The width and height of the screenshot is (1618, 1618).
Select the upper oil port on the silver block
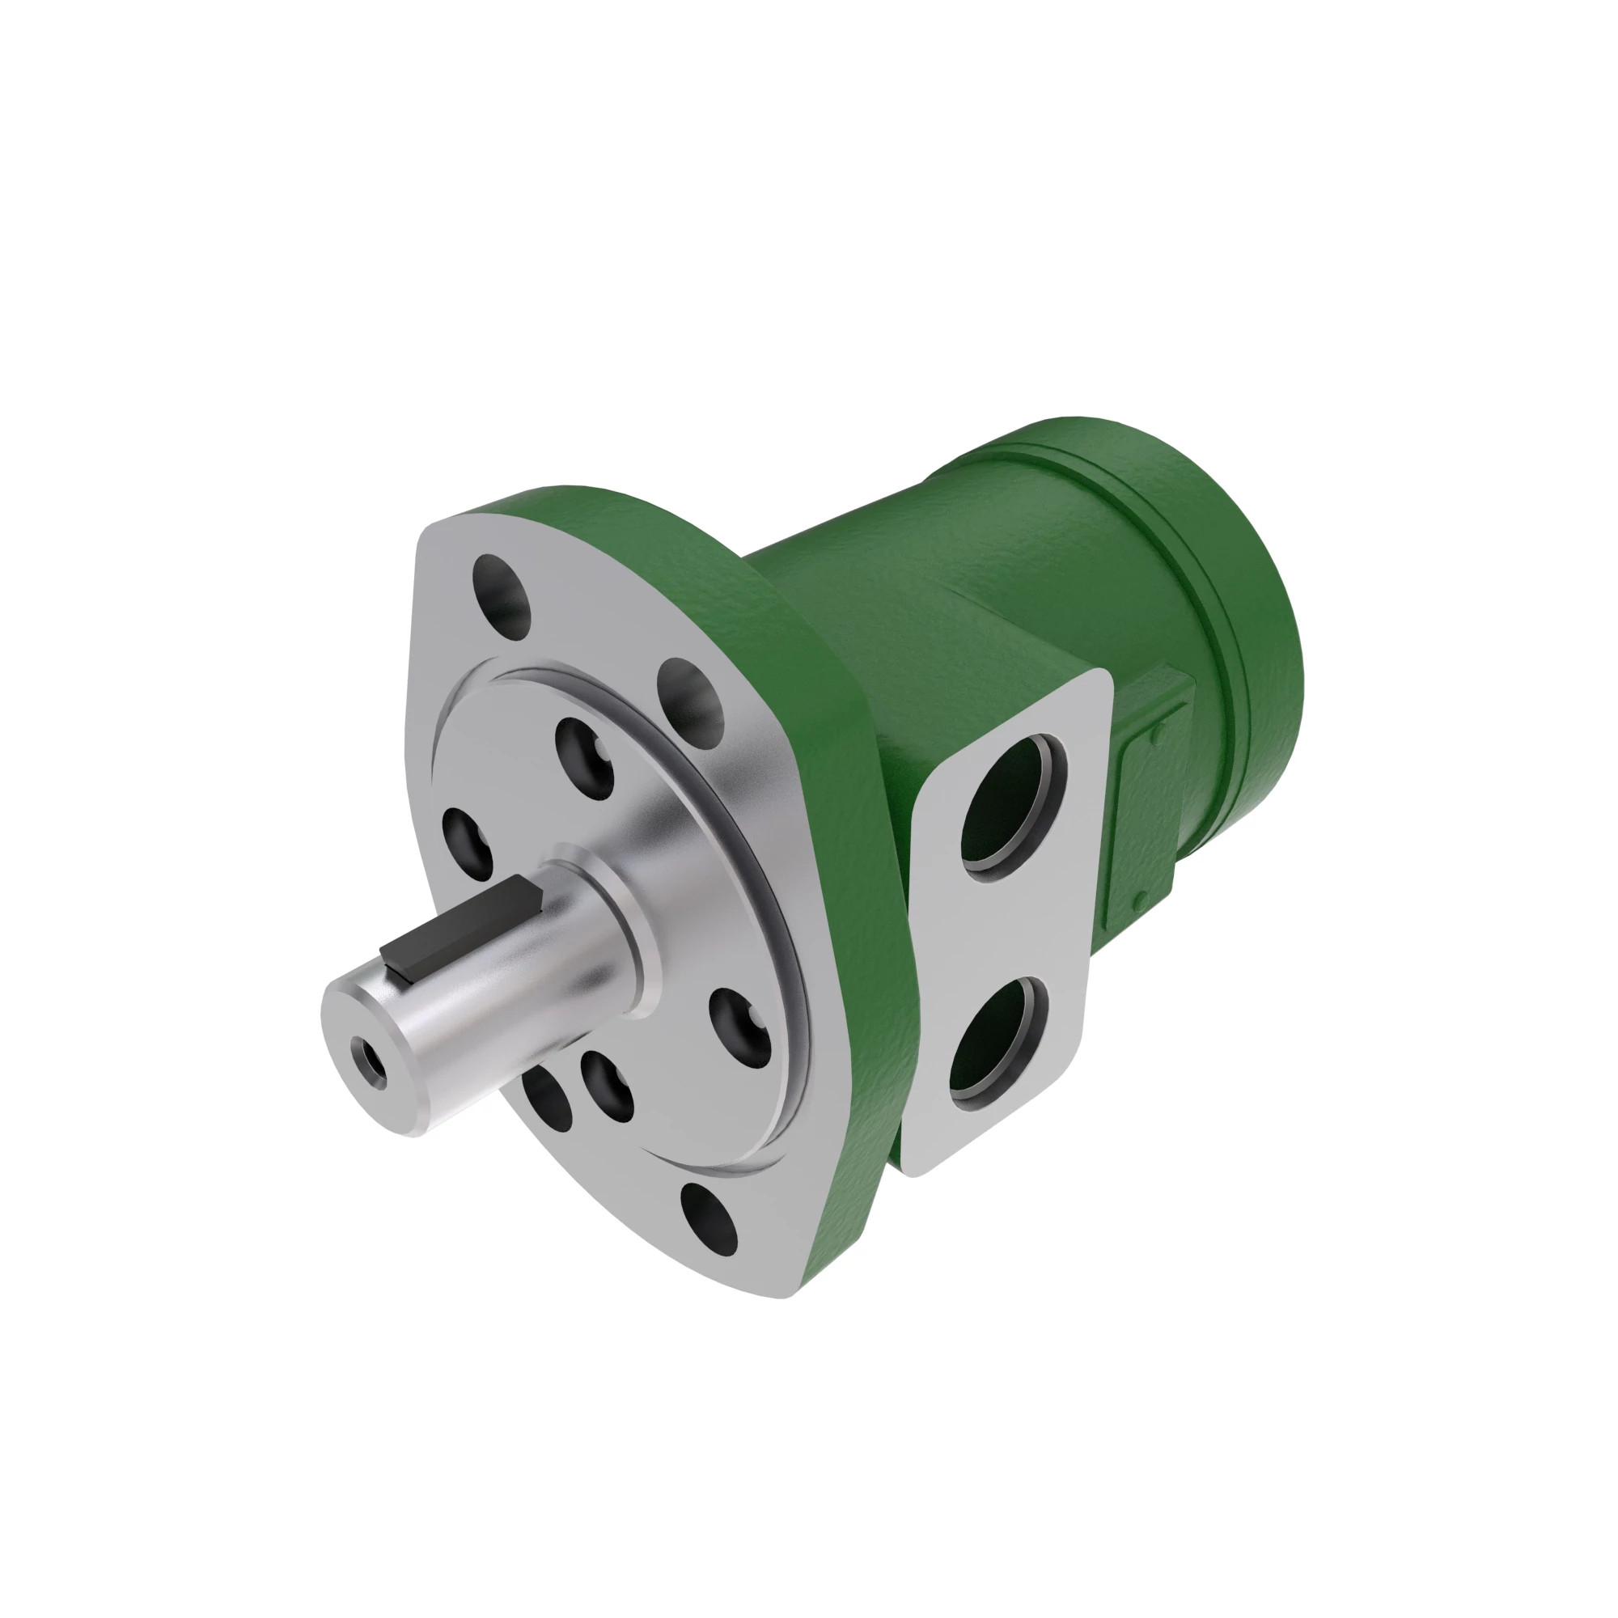point(1010,805)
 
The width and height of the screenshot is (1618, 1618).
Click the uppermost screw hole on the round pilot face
point(584,760)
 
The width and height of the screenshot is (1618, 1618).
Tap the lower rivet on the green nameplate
point(1140,901)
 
